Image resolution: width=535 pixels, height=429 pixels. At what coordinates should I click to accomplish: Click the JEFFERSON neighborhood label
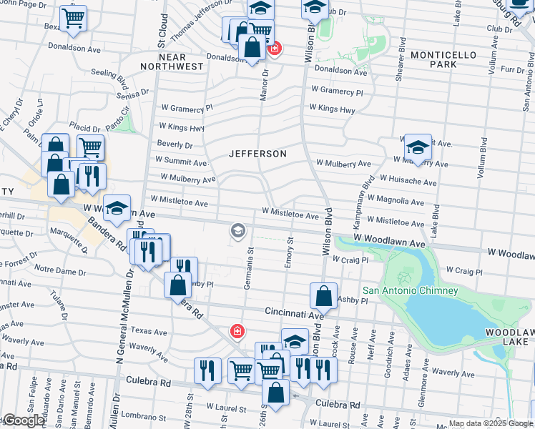[257, 154]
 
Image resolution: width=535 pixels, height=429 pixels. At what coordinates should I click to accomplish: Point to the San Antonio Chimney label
[410, 290]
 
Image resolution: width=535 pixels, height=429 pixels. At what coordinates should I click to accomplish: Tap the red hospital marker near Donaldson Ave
[274, 49]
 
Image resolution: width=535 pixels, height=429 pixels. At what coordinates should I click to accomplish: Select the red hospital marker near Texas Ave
[236, 331]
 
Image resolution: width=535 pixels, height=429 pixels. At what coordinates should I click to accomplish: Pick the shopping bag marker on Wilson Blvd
[323, 295]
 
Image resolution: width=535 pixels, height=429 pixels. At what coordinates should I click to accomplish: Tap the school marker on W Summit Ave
[418, 147]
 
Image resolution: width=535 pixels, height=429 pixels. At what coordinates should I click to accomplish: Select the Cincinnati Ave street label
[295, 312]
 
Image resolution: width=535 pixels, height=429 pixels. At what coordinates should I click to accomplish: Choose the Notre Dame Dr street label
[60, 270]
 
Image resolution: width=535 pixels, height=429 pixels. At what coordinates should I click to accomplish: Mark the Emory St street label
[290, 253]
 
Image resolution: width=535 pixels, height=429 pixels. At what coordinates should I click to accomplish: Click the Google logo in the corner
[23, 420]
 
